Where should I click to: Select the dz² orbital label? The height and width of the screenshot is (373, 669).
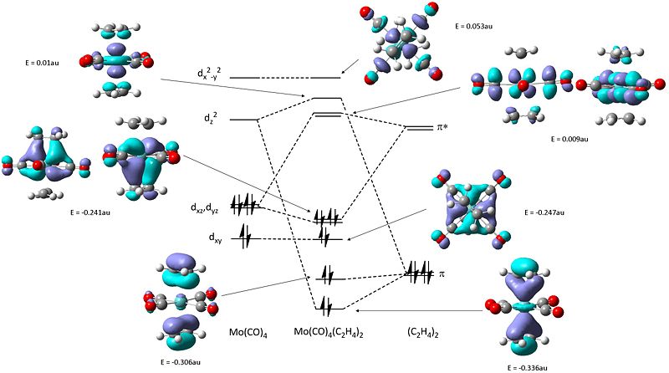tap(210, 119)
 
